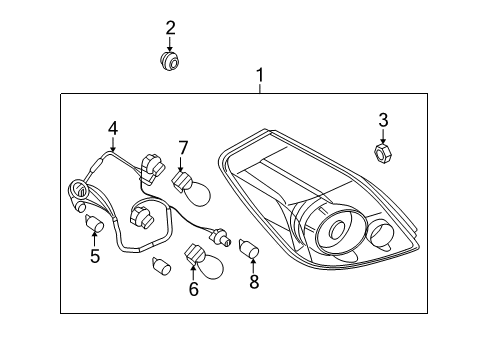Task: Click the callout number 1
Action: pos(260,75)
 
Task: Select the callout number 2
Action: pos(170,28)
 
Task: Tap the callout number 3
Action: pos(383,120)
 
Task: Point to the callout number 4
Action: pos(113,128)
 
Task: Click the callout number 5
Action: pos(95,256)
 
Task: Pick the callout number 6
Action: pos(194,289)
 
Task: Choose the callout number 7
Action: pos(183,148)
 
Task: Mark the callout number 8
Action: pos(254,282)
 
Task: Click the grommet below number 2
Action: pos(169,61)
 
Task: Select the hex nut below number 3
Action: pos(383,153)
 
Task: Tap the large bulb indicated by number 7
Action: pos(192,189)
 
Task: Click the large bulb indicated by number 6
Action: pos(204,264)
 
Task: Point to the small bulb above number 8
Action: pos(249,249)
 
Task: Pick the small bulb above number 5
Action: pos(94,223)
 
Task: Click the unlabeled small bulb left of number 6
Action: pos(161,266)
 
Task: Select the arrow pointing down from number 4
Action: pos(113,144)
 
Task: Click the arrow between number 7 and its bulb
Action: pos(181,165)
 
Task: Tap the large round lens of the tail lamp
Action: pos(336,230)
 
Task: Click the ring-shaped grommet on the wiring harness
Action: pos(78,190)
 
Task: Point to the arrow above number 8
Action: pos(253,266)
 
